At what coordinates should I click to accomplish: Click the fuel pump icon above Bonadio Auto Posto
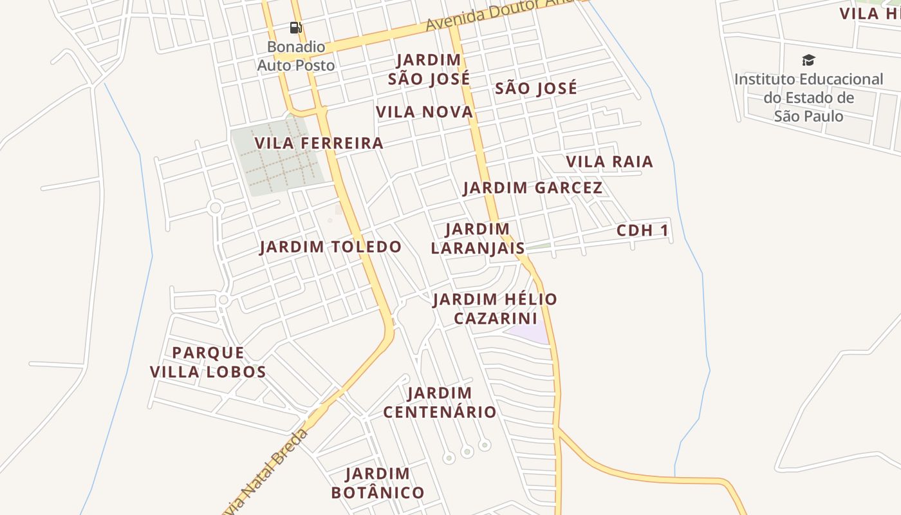click(295, 28)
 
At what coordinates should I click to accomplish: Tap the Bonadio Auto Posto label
click(296, 56)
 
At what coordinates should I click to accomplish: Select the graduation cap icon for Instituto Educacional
click(808, 61)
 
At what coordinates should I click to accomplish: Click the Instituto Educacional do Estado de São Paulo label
click(809, 98)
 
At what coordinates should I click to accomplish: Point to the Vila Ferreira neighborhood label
click(319, 143)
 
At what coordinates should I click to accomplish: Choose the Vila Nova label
click(424, 112)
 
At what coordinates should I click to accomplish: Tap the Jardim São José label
click(429, 70)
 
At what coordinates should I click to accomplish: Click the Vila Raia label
click(609, 162)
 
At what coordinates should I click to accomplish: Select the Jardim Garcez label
click(533, 188)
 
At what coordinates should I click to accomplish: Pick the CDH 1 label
click(642, 230)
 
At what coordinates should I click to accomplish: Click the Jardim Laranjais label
click(478, 238)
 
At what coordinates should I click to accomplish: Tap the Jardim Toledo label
click(330, 247)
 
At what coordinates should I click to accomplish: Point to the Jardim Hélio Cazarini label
click(495, 308)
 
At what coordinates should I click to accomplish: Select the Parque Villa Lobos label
click(208, 362)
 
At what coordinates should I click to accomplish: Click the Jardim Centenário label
click(440, 402)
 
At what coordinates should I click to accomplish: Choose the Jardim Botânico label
click(378, 483)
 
